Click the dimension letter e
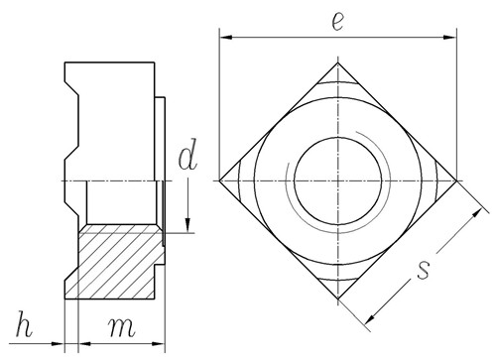coord(337,22)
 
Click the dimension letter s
coord(423,270)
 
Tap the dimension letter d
coord(187,154)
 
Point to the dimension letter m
coord(121,327)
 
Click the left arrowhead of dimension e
coord(226,38)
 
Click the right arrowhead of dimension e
coord(450,38)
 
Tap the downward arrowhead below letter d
coord(187,225)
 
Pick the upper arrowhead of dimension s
coord(476,213)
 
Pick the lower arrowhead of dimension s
coord(370,318)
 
